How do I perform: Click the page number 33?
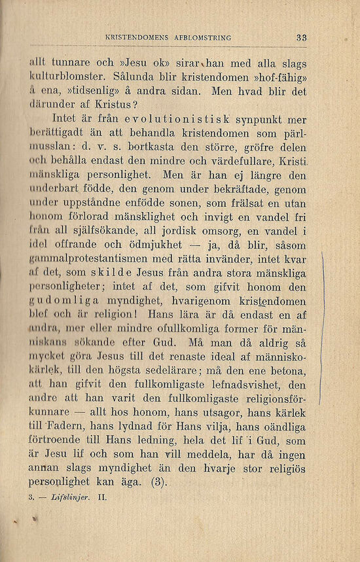(x=301, y=38)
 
